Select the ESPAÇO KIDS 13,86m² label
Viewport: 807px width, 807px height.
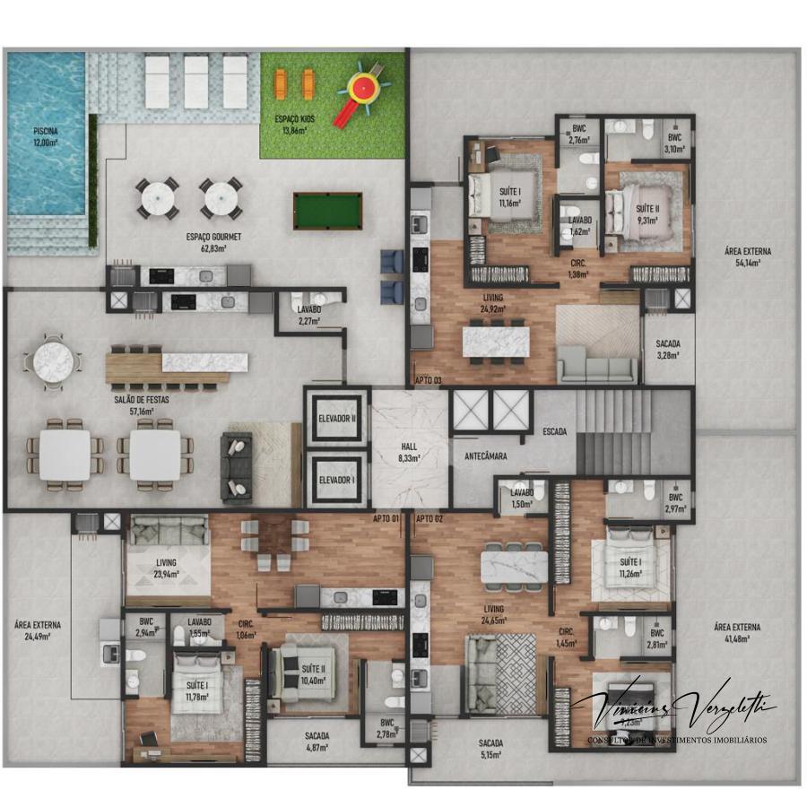tap(292, 125)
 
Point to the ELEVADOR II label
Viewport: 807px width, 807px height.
tap(337, 418)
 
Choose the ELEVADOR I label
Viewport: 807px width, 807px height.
tap(337, 480)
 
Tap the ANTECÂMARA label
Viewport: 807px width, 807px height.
tap(486, 456)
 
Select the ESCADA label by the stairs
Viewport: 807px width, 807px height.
tap(554, 431)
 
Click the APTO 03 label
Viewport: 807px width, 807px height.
tap(429, 380)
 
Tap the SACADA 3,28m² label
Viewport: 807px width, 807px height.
tap(668, 349)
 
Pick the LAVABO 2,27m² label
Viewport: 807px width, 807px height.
tap(310, 314)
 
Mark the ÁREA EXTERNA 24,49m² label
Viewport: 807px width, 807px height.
tap(37, 630)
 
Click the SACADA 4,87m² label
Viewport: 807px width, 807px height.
tap(317, 741)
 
